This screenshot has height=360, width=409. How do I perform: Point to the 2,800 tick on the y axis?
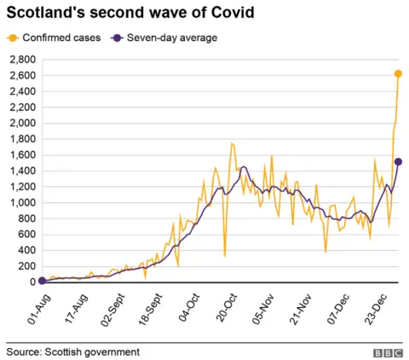coord(20,60)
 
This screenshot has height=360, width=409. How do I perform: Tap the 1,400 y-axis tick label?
coord(20,171)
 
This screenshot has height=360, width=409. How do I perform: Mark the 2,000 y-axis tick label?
coord(20,123)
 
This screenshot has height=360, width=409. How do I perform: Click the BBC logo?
coord(388,351)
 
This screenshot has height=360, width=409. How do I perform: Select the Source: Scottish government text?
coord(72,351)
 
